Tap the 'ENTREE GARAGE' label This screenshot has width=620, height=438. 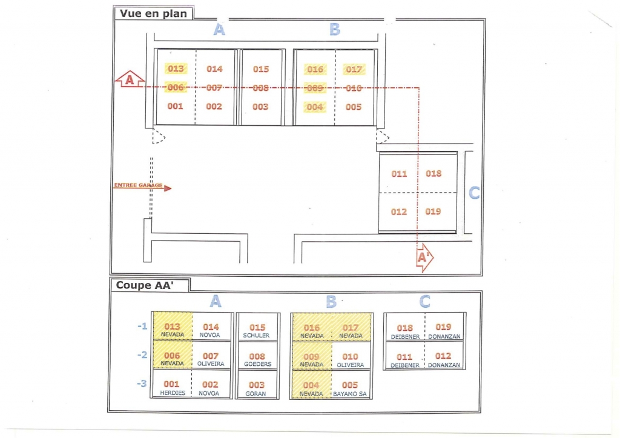click(x=138, y=185)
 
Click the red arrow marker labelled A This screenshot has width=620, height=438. click(x=130, y=79)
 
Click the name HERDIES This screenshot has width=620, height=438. click(x=173, y=393)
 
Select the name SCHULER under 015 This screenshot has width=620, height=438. click(x=256, y=336)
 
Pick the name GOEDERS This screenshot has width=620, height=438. click(x=257, y=365)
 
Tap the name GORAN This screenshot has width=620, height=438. click(x=257, y=394)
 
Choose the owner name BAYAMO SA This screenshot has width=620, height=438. click(x=350, y=394)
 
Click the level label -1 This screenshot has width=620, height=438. click(x=142, y=327)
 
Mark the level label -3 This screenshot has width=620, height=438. click(x=142, y=383)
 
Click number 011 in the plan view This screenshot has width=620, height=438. click(x=399, y=174)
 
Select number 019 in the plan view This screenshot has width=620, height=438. click(x=434, y=211)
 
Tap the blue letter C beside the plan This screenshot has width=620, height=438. click(x=474, y=193)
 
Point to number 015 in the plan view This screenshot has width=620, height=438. click(x=261, y=69)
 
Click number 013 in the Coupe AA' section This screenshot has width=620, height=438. click(x=172, y=327)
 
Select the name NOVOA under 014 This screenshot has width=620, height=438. click(x=209, y=336)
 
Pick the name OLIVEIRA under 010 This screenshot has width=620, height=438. click(x=350, y=365)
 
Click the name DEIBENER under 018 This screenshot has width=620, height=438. click(x=404, y=336)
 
